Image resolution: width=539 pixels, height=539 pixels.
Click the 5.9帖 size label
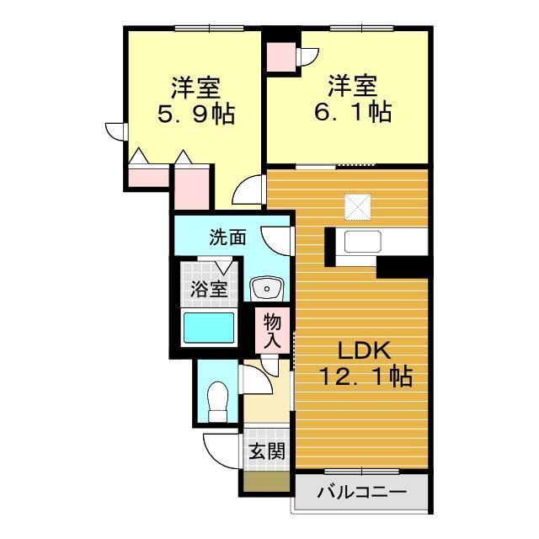click(195, 114)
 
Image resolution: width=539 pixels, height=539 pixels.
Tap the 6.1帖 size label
click(351, 112)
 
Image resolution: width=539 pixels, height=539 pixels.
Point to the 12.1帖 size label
click(365, 377)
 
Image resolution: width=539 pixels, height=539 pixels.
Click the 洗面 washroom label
click(227, 237)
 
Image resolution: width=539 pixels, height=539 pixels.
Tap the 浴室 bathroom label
click(207, 289)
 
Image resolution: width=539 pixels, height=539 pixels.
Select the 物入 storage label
click(272, 329)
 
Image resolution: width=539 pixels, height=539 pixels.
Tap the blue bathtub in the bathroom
click(210, 327)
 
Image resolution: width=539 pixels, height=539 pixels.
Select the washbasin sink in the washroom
click(268, 290)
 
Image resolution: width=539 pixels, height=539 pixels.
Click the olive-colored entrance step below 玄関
click(266, 483)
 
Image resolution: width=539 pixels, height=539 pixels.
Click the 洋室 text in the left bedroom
click(195, 86)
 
